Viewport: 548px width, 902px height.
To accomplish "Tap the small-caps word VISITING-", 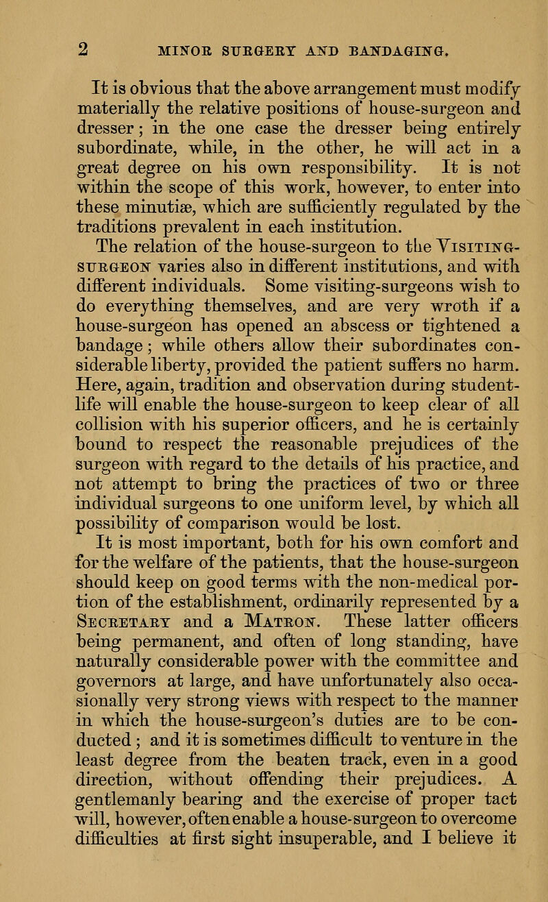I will coord(423,265).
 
